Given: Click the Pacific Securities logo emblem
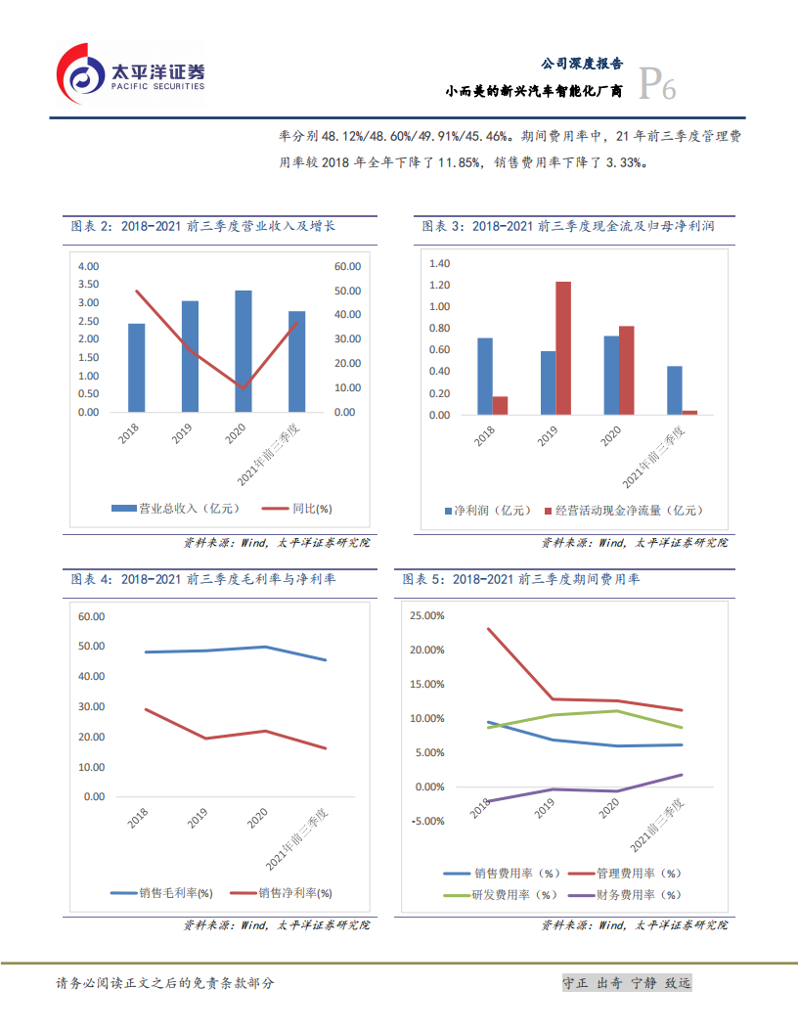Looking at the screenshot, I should click(80, 72).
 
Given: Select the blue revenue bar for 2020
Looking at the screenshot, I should click(244, 351).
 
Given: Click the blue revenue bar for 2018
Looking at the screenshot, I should click(137, 368).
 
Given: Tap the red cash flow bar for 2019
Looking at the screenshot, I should click(563, 348).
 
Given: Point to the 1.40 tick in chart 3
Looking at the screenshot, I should click(438, 264).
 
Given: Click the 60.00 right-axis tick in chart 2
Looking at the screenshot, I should click(347, 266).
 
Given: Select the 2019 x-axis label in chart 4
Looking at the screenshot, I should click(198, 821).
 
